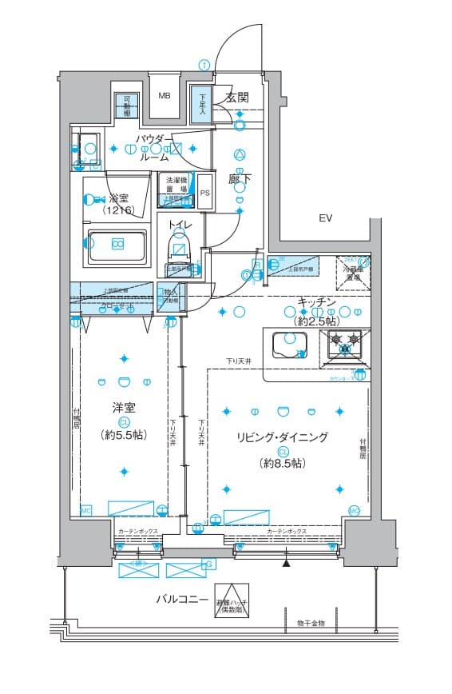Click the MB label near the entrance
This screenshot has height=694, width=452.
click(164, 96)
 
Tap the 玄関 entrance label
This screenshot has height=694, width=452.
click(237, 98)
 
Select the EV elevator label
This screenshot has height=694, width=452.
click(325, 218)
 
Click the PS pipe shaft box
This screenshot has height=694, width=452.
click(205, 193)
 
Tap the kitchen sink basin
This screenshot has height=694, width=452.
click(288, 344)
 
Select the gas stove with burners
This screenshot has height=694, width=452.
click(346, 344)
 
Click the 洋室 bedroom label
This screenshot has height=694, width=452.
click(124, 408)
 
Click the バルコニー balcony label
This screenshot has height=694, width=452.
click(181, 599)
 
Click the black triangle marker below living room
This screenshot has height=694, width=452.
click(286, 564)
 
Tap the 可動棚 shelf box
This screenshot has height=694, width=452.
click(125, 106)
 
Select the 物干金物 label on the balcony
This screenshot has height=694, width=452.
click(311, 622)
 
